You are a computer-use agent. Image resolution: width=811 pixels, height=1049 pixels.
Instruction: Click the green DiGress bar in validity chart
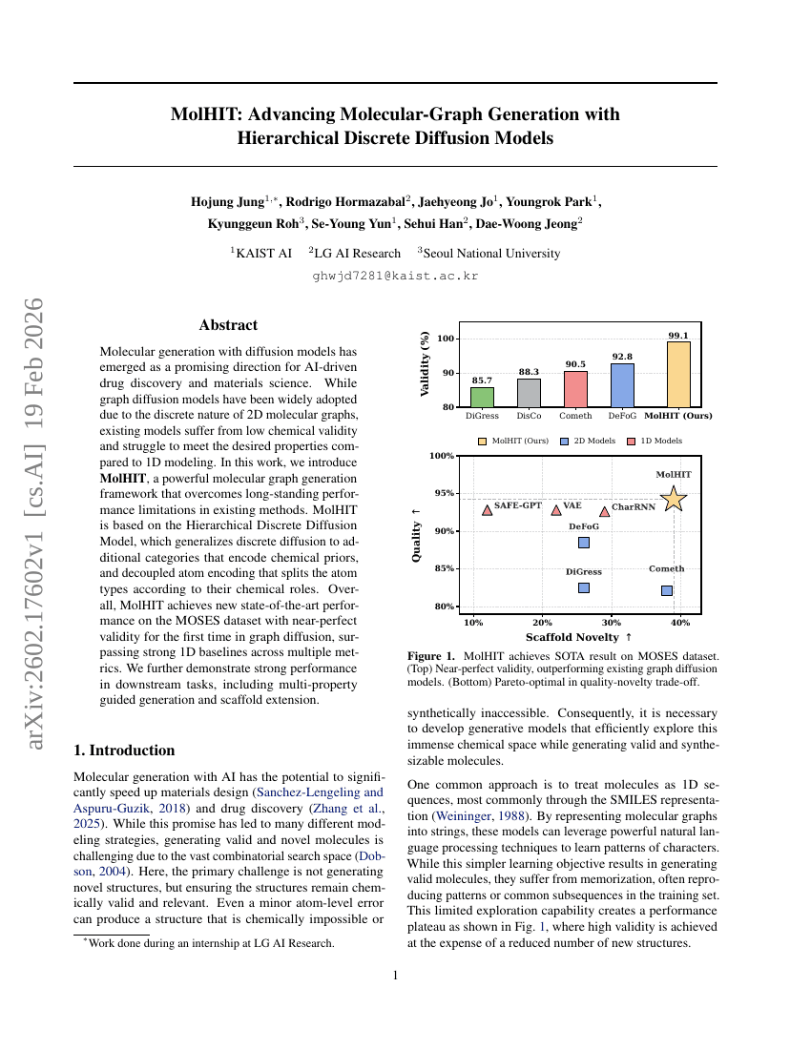pyautogui.click(x=482, y=397)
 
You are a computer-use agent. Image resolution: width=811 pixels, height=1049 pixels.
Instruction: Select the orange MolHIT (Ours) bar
pyautogui.click(x=677, y=375)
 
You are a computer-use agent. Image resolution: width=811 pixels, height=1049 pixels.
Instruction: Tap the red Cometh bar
pyautogui.click(x=575, y=389)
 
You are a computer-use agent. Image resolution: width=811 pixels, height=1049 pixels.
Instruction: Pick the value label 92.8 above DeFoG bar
pyautogui.click(x=621, y=356)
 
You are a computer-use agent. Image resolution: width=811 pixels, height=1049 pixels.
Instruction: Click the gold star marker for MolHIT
pyautogui.click(x=674, y=499)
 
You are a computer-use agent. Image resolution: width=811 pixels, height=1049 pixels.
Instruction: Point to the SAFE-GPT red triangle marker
pyautogui.click(x=488, y=510)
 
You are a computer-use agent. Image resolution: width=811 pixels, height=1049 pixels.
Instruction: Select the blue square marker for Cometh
pyautogui.click(x=666, y=590)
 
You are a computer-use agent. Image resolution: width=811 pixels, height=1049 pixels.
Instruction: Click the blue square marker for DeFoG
pyautogui.click(x=584, y=543)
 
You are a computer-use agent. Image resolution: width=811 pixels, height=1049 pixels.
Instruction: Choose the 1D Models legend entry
pyautogui.click(x=655, y=441)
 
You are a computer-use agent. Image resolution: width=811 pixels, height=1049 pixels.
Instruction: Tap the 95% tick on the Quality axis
pyautogui.click(x=443, y=493)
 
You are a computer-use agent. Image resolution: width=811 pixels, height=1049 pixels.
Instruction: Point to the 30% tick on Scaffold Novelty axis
pyautogui.click(x=611, y=623)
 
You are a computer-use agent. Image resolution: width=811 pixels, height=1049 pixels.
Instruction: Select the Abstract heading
pyautogui.click(x=228, y=325)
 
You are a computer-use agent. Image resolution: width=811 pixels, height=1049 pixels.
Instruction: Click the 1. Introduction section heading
pyautogui.click(x=124, y=751)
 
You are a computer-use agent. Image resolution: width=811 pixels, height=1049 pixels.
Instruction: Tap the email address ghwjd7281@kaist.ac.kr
pyautogui.click(x=395, y=277)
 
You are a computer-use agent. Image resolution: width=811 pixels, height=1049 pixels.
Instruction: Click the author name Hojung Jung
pyautogui.click(x=227, y=202)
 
